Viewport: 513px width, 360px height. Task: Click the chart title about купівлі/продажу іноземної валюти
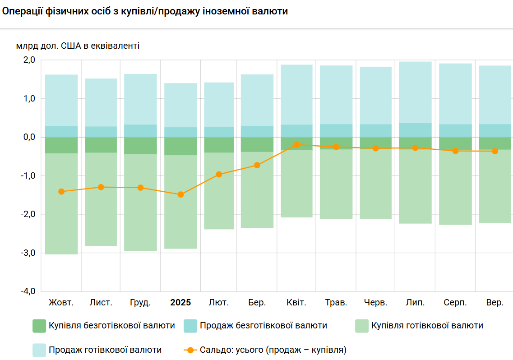pyautogui.click(x=144, y=11)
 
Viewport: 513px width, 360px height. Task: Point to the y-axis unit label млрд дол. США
pyautogui.click(x=78, y=46)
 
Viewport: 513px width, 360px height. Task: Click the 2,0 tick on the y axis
pyautogui.click(x=28, y=60)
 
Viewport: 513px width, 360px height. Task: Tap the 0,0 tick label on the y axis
pyautogui.click(x=28, y=137)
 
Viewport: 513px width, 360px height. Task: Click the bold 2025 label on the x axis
pyautogui.click(x=180, y=303)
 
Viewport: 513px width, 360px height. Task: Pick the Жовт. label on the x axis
pyautogui.click(x=61, y=303)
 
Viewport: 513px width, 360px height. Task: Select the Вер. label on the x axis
pyautogui.click(x=495, y=303)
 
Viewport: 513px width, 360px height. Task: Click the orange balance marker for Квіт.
pyautogui.click(x=296, y=145)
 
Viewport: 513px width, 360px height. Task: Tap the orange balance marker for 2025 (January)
pyautogui.click(x=180, y=194)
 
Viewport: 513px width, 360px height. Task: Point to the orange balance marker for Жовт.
pyautogui.click(x=61, y=191)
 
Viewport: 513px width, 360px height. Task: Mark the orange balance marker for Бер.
pyautogui.click(x=257, y=165)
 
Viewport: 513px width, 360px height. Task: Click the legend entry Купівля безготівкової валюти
pyautogui.click(x=104, y=326)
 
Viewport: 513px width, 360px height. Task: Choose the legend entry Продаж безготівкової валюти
pyautogui.click(x=255, y=326)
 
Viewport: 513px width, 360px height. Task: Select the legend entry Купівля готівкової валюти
pyautogui.click(x=419, y=326)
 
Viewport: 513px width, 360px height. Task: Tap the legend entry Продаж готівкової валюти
pyautogui.click(x=97, y=350)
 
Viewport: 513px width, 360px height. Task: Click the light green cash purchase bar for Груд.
pyautogui.click(x=140, y=203)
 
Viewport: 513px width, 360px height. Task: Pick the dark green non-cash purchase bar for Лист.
pyautogui.click(x=101, y=145)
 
